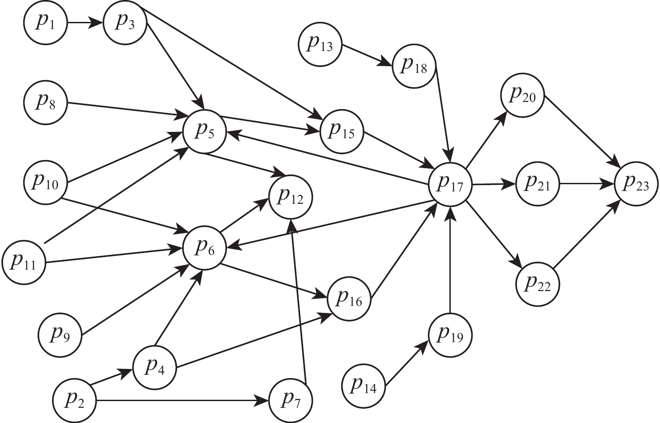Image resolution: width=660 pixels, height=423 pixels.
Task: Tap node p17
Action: [x=450, y=184]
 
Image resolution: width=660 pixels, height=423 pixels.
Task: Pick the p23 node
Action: [x=636, y=184]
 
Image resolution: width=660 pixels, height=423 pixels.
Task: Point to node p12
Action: [x=290, y=196]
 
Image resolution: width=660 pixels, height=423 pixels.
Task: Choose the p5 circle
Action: [x=205, y=131]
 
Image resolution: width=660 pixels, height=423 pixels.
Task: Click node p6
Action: [x=205, y=248]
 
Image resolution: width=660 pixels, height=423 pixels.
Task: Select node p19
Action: [x=450, y=335]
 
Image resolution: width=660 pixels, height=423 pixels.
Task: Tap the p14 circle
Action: [x=363, y=385]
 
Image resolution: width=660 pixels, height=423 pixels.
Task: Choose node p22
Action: [x=538, y=284]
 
